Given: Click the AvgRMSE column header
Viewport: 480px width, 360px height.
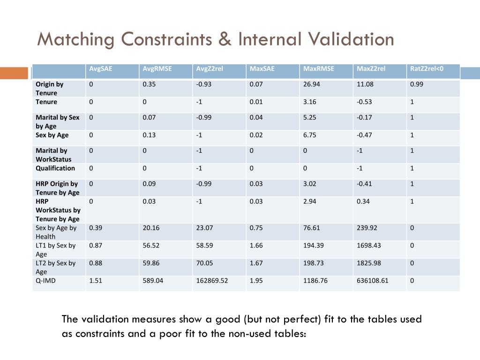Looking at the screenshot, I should click(x=157, y=69).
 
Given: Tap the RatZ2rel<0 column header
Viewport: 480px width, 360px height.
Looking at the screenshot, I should click(x=427, y=69).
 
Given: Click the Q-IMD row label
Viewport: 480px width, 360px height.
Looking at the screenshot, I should click(x=46, y=281).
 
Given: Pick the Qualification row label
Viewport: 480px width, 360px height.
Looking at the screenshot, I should click(x=55, y=168).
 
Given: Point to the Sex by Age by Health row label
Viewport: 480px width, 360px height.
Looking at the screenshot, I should click(x=56, y=232).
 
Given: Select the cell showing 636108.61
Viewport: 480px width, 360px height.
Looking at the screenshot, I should click(x=373, y=281).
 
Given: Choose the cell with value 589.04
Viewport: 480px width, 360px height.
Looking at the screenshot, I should click(x=153, y=281).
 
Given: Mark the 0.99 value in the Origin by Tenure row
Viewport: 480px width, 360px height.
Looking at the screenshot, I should click(x=416, y=84).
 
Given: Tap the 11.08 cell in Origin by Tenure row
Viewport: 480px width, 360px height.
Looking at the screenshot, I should click(x=365, y=84).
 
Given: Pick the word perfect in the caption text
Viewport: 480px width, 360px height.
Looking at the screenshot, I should click(x=303, y=319).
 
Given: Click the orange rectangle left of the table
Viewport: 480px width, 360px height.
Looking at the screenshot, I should click(x=14, y=73).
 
